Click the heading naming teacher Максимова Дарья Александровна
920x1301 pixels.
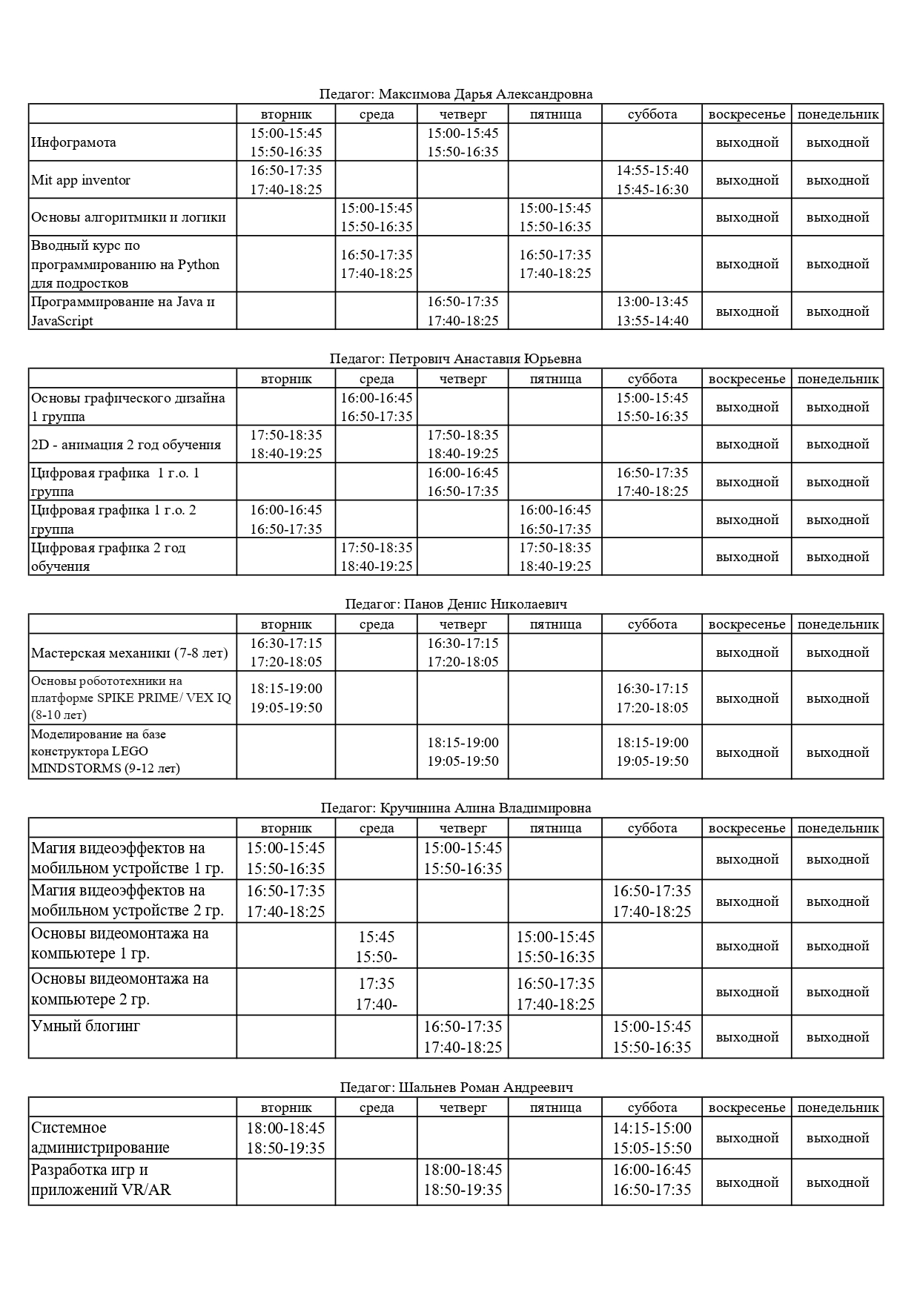pyautogui.click(x=456, y=94)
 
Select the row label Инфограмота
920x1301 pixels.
pyautogui.click(x=73, y=142)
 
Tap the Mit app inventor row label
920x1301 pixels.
pyautogui.click(x=81, y=180)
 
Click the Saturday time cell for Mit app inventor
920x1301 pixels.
pyautogui.click(x=652, y=180)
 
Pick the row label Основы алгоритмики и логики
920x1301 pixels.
pyautogui.click(x=128, y=217)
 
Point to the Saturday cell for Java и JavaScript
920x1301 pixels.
pyautogui.click(x=652, y=311)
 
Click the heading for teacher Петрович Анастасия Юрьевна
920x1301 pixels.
pyautogui.click(x=456, y=359)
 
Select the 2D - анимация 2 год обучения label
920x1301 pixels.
pyautogui.click(x=126, y=445)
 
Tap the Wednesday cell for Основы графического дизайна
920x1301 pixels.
pyautogui.click(x=376, y=407)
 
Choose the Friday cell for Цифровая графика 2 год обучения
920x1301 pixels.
pyautogui.click(x=555, y=557)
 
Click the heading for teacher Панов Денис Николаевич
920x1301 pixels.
pyautogui.click(x=456, y=604)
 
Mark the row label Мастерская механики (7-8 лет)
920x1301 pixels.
pyautogui.click(x=130, y=653)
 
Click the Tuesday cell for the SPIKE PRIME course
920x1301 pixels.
pyautogui.click(x=285, y=698)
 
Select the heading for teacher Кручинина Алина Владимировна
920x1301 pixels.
pyautogui.click(x=456, y=808)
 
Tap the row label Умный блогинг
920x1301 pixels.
pyautogui.click(x=85, y=1027)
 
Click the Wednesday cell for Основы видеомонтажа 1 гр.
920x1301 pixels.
pyautogui.click(x=376, y=947)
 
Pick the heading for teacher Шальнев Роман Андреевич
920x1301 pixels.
pyautogui.click(x=456, y=1088)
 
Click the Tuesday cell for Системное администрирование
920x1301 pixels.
pyautogui.click(x=285, y=1139)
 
